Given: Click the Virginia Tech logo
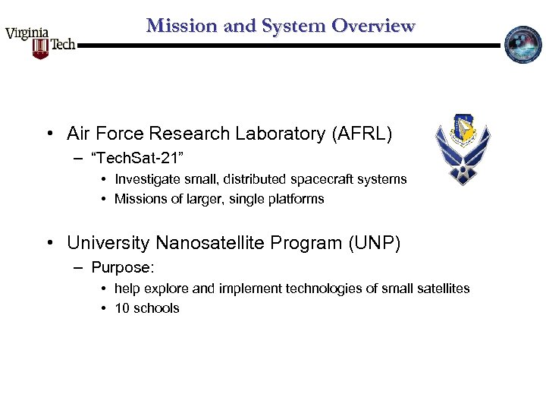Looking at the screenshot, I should pyautogui.click(x=40, y=42).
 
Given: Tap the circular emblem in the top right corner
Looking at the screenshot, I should pyautogui.click(x=523, y=45).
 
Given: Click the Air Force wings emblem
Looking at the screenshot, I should pyautogui.click(x=463, y=150).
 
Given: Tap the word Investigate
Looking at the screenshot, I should pyautogui.click(x=146, y=180).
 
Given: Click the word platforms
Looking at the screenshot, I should pyautogui.click(x=297, y=200).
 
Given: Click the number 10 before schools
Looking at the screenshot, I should pyautogui.click(x=121, y=308).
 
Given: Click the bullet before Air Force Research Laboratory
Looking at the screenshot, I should pyautogui.click(x=49, y=135).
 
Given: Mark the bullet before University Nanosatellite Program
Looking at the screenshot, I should pyautogui.click(x=49, y=244).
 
